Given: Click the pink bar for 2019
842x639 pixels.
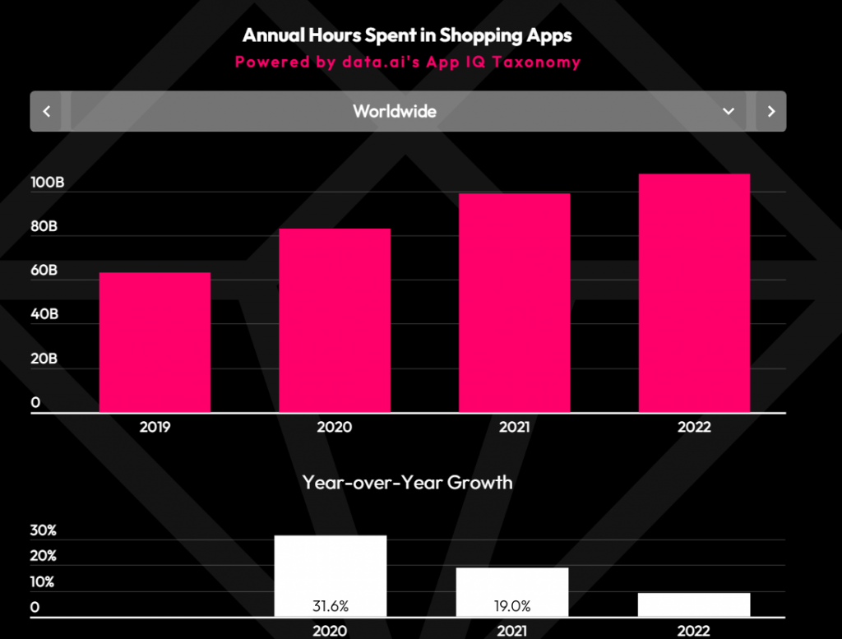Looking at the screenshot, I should (x=155, y=342).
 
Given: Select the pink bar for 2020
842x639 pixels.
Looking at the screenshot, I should (x=335, y=320).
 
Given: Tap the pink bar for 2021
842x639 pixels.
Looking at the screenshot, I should (x=514, y=303).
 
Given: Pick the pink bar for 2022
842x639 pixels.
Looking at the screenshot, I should (x=694, y=293).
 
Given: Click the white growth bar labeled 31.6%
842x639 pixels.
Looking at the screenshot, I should (x=330, y=576).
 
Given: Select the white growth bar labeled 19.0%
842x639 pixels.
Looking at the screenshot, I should (x=512, y=591).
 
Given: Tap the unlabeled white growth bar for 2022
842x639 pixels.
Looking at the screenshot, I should (x=694, y=604).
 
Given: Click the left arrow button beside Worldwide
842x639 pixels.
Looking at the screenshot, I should (x=47, y=111).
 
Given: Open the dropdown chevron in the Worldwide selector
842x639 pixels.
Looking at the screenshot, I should (x=728, y=111).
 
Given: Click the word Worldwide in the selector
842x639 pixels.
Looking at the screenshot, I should (x=395, y=111).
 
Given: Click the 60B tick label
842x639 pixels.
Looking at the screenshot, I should (x=44, y=271).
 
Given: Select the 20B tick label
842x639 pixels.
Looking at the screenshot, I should (x=44, y=359).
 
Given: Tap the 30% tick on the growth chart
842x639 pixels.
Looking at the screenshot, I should (x=43, y=530).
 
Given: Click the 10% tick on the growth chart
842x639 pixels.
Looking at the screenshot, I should (x=43, y=582).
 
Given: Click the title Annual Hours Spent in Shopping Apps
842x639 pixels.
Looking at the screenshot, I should (x=407, y=35).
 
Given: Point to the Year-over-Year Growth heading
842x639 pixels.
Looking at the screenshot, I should (x=407, y=482).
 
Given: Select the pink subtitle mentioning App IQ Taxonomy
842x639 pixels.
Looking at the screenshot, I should (x=407, y=62).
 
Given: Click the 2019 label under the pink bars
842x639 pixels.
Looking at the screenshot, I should (x=155, y=427).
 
